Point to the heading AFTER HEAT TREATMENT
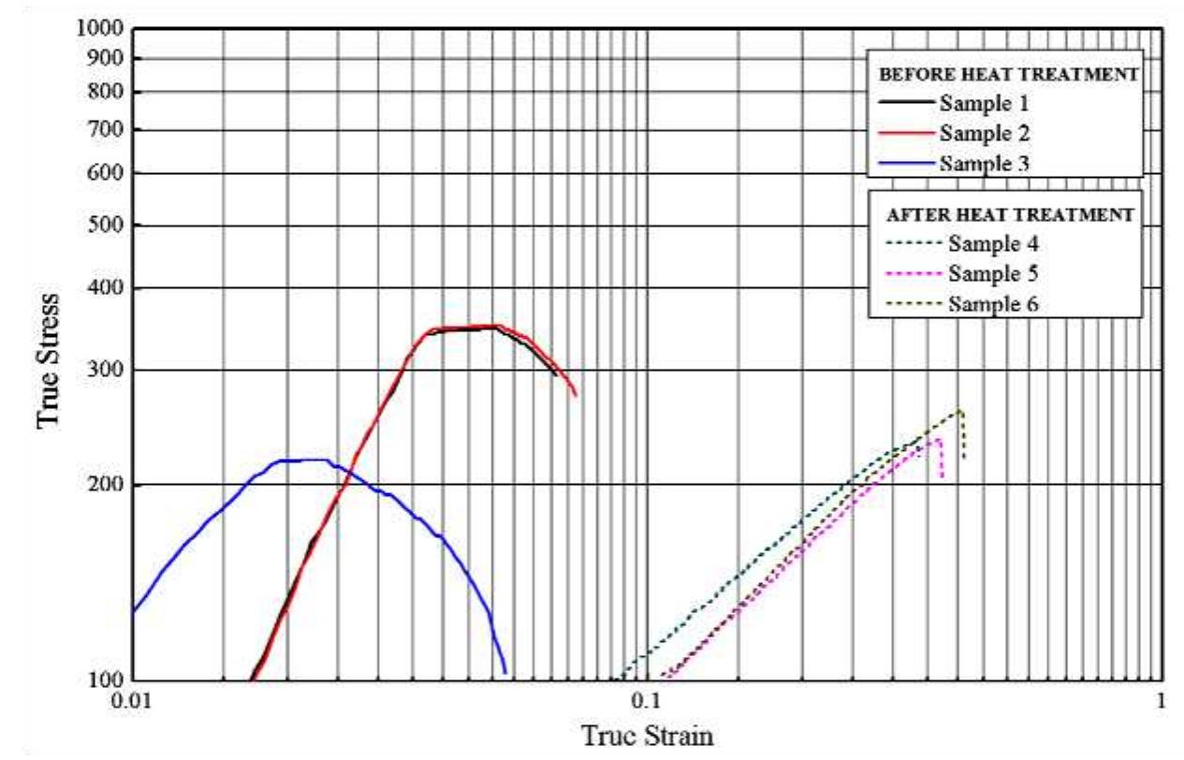click(1009, 214)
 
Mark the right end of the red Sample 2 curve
click(576, 396)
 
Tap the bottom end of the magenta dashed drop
click(942, 478)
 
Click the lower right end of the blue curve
click(505, 672)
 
